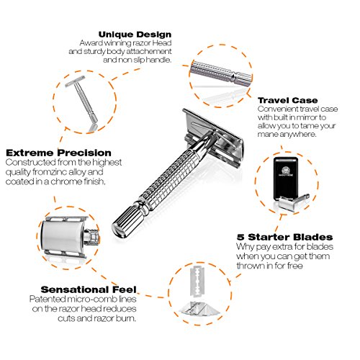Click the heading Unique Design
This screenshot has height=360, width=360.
pyautogui.click(x=135, y=35)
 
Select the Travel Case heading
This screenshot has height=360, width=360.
pyautogui.click(x=288, y=100)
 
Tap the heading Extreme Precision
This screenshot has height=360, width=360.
pyautogui.click(x=58, y=153)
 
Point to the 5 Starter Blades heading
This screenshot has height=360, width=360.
pyautogui.click(x=285, y=237)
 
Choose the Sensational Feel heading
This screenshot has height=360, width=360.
pyautogui.click(x=89, y=289)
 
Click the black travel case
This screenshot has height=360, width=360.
pyautogui.click(x=285, y=178)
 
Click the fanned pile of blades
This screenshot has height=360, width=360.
pyautogui.click(x=199, y=309)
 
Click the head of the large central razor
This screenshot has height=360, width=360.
pyautogui.click(x=213, y=138)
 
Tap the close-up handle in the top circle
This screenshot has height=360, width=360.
pyautogui.click(x=221, y=73)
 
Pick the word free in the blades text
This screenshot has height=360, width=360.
pyautogui.click(x=294, y=266)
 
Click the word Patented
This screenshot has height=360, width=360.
pyautogui.click(x=48, y=299)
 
